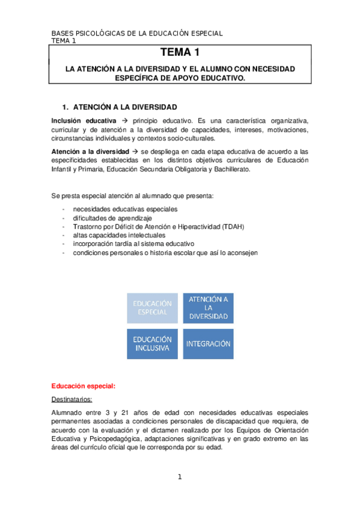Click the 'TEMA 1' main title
coord(180,54)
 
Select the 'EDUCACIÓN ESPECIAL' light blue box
coord(152,307)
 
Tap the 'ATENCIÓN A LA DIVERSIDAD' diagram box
coord(208,307)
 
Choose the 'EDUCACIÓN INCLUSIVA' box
coord(152,344)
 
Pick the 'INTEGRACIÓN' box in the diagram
coord(208,344)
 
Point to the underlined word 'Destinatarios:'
coord(75,399)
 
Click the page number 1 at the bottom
coord(179,477)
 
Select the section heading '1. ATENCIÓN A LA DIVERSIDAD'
coord(124,107)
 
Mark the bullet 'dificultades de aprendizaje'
coord(112,218)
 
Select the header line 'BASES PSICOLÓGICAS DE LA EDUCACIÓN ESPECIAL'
coord(137,33)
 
